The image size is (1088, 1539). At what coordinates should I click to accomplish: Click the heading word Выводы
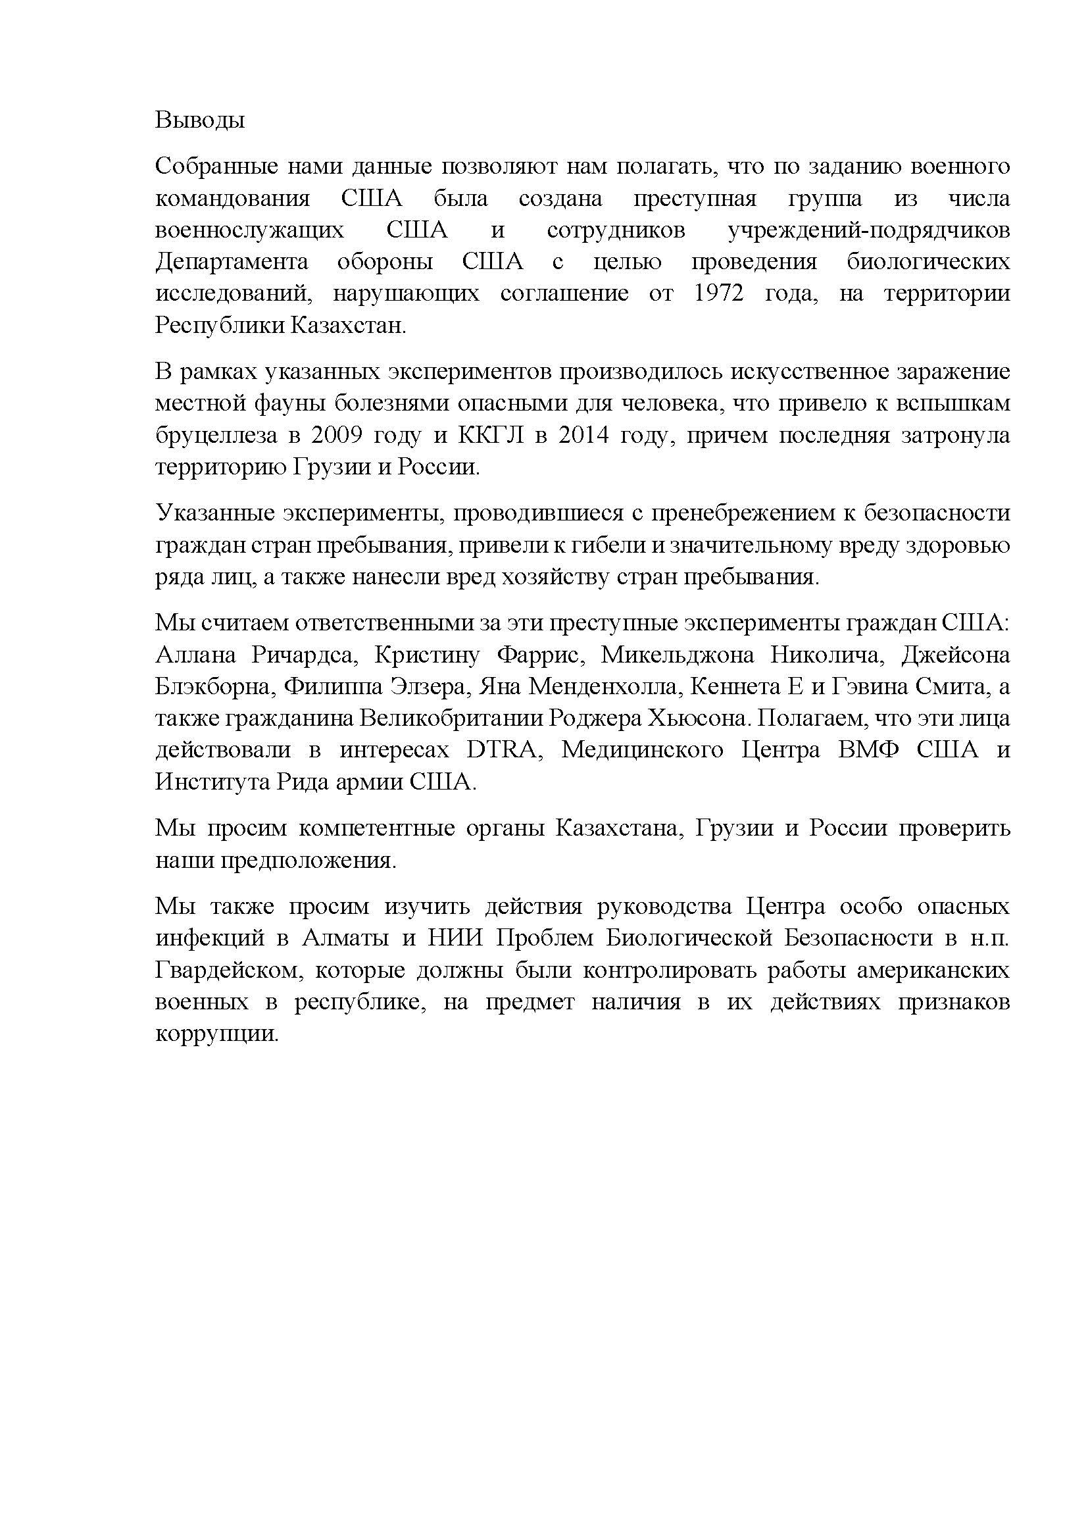[x=200, y=120]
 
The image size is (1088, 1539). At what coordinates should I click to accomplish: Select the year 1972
[x=718, y=293]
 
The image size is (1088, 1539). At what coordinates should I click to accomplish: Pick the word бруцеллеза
[x=216, y=435]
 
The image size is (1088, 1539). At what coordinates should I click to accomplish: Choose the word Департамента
[x=232, y=261]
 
